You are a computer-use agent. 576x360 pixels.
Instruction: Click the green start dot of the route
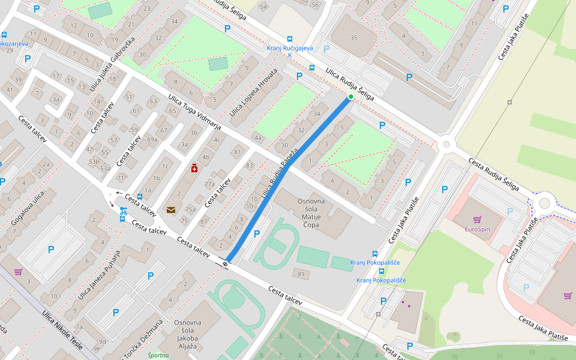pos(351,97)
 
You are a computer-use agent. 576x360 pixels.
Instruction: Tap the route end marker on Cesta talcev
pos(226,263)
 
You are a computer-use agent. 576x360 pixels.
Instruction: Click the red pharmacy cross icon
pos(194,169)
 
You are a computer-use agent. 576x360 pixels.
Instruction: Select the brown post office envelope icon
pos(171,209)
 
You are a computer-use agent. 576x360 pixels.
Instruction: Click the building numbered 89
pos(301,274)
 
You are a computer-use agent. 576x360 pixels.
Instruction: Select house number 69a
pos(152,139)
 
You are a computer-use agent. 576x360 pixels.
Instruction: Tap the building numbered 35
pos(353,38)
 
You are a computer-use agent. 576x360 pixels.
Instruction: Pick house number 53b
pos(94,162)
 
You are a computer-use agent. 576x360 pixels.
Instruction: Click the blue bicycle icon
pos(123,211)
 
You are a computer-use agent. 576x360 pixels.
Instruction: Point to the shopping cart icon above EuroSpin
pos(477,220)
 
